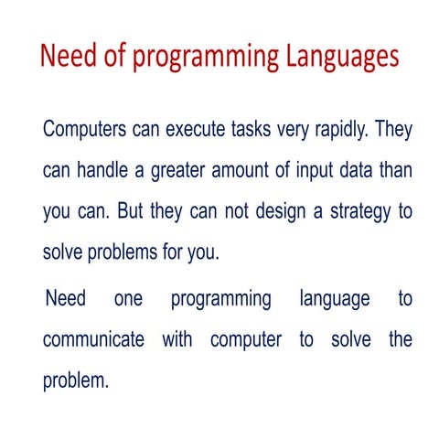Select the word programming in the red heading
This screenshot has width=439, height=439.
pos(202,58)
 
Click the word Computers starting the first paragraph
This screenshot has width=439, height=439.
pos(87,129)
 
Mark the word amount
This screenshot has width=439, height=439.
pos(248,170)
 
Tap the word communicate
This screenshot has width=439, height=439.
pos(93,339)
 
